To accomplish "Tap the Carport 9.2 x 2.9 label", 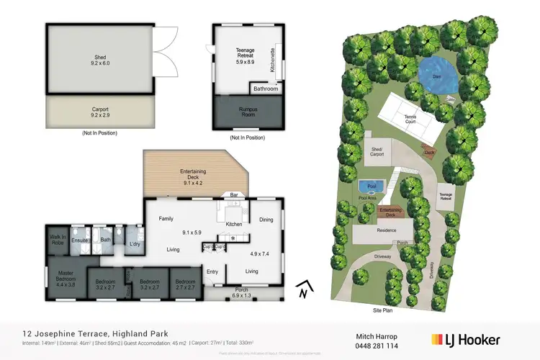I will point(99,112).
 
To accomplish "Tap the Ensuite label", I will point(79,240).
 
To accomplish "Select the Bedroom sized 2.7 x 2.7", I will point(186,284).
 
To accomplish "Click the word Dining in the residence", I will point(266,220).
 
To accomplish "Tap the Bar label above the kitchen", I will point(234,194).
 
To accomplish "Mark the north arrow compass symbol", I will point(305,289).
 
